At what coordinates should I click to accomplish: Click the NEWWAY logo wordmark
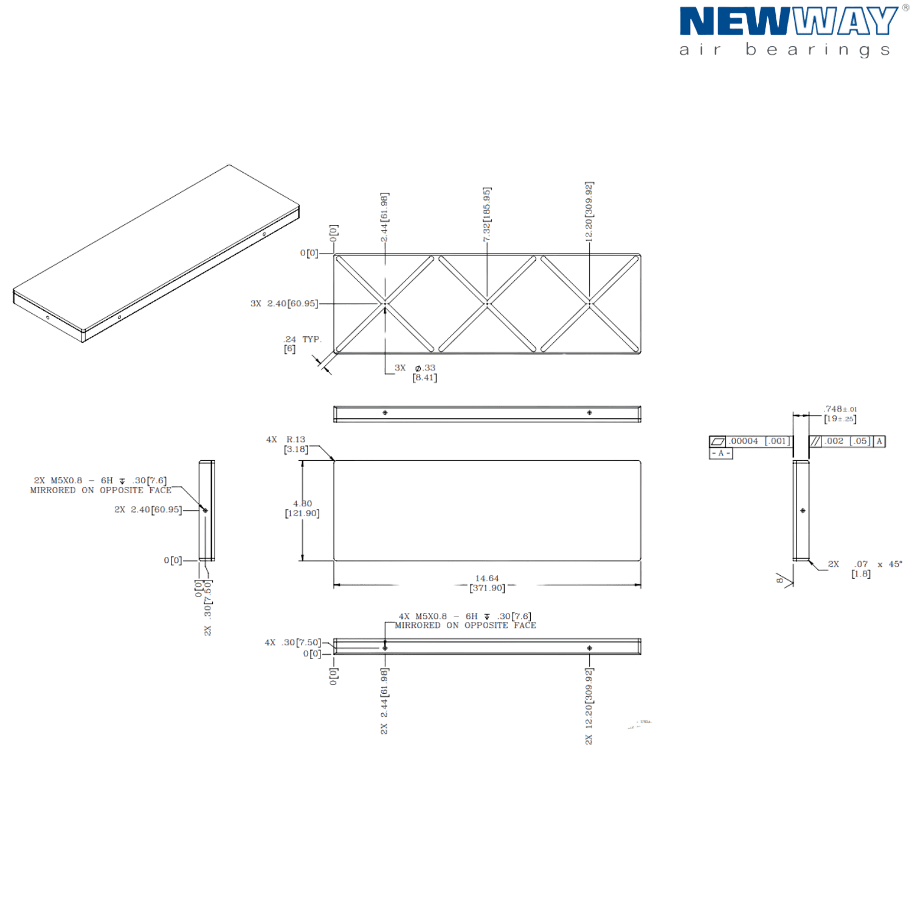point(788,22)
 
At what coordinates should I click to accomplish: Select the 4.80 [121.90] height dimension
point(303,509)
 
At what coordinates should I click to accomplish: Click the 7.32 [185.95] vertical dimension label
point(486,215)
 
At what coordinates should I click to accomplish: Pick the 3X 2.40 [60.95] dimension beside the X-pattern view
point(284,303)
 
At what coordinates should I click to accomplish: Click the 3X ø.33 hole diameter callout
point(417,372)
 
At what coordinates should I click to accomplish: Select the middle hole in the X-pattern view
point(487,303)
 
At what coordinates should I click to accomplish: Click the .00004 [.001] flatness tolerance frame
point(750,441)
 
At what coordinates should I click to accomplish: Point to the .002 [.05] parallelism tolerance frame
point(847,441)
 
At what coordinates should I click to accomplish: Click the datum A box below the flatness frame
point(720,454)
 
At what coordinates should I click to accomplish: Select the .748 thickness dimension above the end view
point(840,414)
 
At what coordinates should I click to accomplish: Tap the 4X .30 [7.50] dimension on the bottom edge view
point(292,643)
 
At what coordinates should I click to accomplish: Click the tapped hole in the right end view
point(803,511)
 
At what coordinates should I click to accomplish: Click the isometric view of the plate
point(156,254)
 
